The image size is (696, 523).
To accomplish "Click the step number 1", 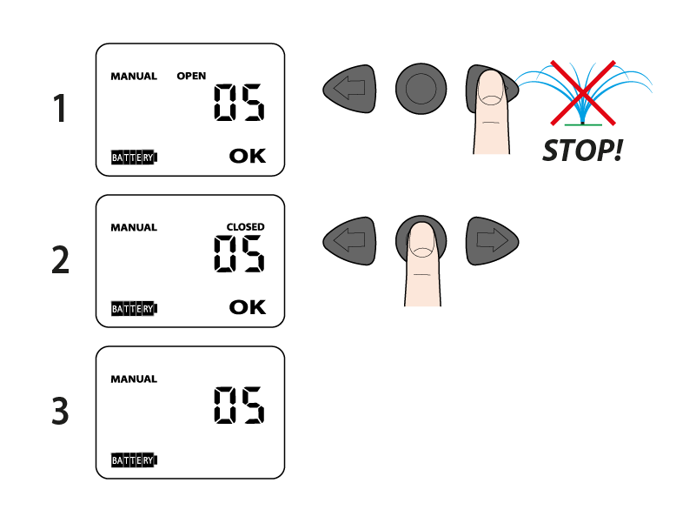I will coord(60,110).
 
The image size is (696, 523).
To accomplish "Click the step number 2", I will coord(60,260).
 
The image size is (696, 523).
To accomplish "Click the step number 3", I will coord(60,412).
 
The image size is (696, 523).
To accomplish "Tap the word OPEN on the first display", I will coord(191,77).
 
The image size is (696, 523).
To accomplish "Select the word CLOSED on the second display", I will coord(246,227).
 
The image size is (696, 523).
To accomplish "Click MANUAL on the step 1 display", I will coord(134,77).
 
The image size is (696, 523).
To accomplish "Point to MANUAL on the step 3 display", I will coord(134,379).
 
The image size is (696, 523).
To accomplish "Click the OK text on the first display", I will coord(248,156).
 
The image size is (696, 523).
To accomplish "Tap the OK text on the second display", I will coord(248,307).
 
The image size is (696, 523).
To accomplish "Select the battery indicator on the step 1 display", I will coord(134,158).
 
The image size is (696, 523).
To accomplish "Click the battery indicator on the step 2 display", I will coord(134,308).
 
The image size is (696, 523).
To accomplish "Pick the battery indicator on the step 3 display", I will coord(134,459).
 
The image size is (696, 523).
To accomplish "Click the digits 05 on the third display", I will coord(239,406).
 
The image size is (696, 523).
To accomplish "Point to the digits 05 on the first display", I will coord(239,103).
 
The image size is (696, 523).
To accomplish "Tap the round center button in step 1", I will coord(421,89).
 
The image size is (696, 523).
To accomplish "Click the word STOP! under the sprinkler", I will coord(582,151).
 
